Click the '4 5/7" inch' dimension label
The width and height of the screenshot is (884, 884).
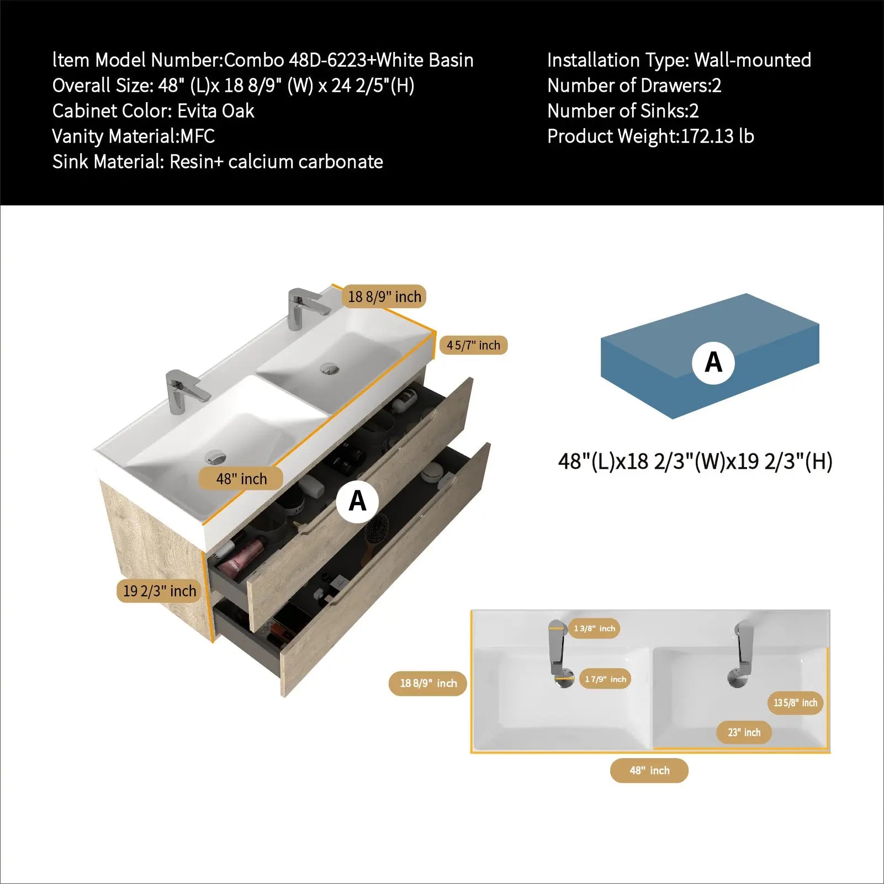[x=474, y=345]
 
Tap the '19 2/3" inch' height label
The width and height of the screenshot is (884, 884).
[x=159, y=591]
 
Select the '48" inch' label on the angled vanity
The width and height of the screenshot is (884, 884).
[x=241, y=479]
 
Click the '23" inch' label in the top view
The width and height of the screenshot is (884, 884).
[x=744, y=733]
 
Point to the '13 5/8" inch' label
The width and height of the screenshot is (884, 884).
[x=795, y=703]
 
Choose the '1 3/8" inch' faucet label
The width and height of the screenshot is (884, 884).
[x=594, y=628]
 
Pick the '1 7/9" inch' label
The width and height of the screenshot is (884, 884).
[x=606, y=679]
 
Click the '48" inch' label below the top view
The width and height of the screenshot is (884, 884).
[x=649, y=770]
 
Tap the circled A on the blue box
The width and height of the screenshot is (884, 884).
[x=713, y=362]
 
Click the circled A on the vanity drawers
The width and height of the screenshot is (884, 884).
[x=358, y=501]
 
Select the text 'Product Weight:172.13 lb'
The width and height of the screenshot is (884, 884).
[x=650, y=136]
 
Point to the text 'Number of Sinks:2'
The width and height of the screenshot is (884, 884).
[x=623, y=111]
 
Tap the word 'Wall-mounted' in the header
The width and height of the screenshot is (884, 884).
[x=753, y=60]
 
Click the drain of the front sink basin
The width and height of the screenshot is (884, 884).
[x=215, y=458]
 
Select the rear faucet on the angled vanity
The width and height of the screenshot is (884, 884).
[x=305, y=308]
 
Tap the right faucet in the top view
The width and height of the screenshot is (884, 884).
[x=741, y=655]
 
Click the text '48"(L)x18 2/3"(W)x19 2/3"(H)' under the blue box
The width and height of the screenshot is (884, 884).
[x=695, y=461]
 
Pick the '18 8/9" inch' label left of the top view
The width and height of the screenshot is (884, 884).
[x=428, y=684]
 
